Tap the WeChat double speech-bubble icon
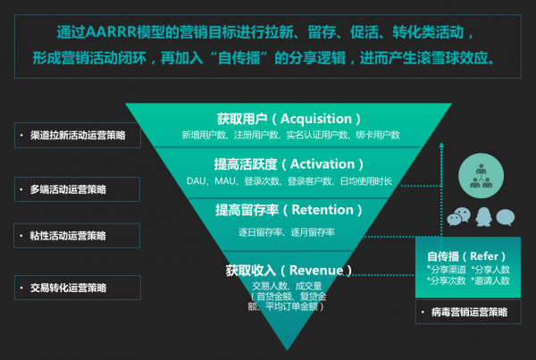(x=458, y=217)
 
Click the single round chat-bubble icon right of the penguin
(x=507, y=216)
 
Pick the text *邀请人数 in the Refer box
(x=491, y=280)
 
